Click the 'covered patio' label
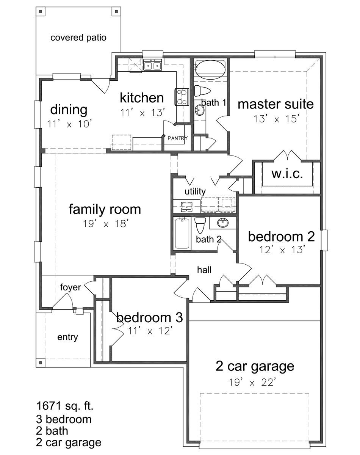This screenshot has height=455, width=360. [x=78, y=38]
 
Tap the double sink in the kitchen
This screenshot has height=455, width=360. [x=153, y=65]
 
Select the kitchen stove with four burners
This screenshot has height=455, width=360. [x=182, y=97]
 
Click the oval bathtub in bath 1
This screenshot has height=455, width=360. [x=210, y=68]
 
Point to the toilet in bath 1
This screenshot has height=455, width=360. [x=202, y=90]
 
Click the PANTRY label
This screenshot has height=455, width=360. [x=177, y=138]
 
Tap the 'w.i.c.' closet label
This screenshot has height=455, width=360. [x=287, y=174]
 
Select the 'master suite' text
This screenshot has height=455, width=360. [x=275, y=104]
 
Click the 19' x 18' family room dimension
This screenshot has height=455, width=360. [x=106, y=223]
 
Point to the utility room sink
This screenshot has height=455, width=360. [x=187, y=207]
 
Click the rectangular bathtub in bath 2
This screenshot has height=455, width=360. [x=182, y=234]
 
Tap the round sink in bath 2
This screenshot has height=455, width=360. [x=223, y=223]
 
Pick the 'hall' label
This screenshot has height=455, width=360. [x=204, y=270]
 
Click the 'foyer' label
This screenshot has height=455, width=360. [x=70, y=287]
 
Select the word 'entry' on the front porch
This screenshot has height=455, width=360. [x=68, y=337]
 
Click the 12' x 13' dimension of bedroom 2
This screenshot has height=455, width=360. [x=282, y=250]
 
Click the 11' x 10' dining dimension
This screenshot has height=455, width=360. [x=70, y=124]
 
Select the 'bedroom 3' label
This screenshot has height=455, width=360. [x=150, y=317]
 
